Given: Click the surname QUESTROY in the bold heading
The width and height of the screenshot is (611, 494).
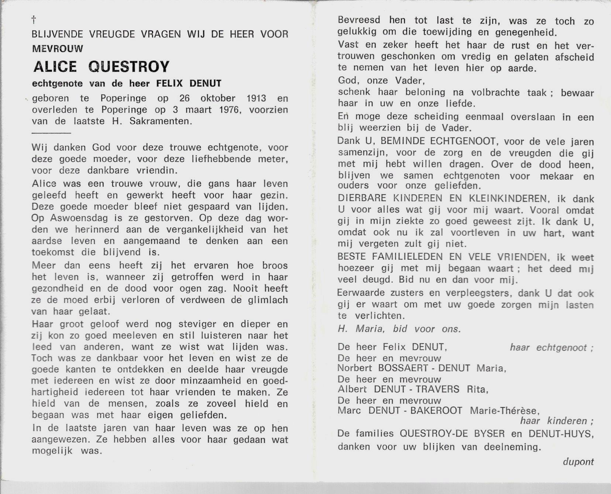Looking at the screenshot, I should (x=129, y=67).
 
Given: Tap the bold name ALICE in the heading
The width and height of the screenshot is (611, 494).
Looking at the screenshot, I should (x=55, y=67).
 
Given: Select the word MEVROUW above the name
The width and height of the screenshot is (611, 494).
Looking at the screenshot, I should (x=57, y=48).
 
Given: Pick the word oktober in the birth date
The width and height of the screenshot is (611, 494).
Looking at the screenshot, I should (x=218, y=99).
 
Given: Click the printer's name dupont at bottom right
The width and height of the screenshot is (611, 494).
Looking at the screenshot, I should (x=578, y=462).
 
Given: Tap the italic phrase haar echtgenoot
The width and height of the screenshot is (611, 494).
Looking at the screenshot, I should (x=551, y=348).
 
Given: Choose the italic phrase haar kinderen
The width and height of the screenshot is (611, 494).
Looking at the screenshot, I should (x=556, y=421).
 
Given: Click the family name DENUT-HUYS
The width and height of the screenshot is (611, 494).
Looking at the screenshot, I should (x=561, y=434).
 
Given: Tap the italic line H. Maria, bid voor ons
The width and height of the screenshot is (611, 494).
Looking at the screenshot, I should (x=399, y=329).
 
